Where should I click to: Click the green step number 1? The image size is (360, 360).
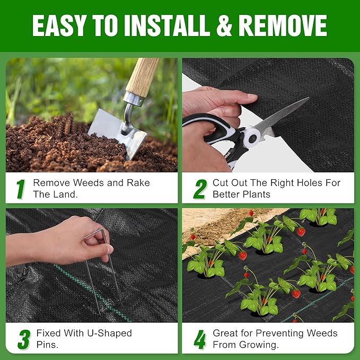[x=21, y=189]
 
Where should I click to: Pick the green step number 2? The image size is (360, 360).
[x=199, y=189]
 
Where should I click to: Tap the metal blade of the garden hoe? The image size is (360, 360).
[x=113, y=130]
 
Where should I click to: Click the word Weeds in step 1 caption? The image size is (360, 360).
[x=85, y=183]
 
